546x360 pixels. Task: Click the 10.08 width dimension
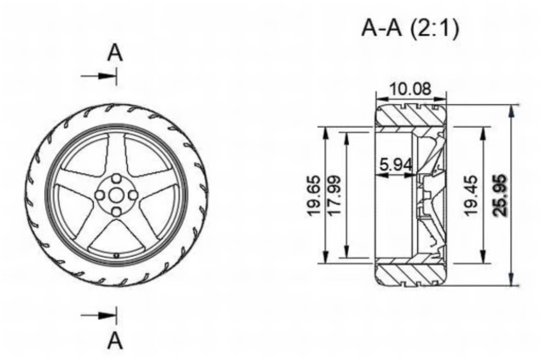pyautogui.click(x=410, y=89)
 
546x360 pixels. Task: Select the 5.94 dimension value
pyautogui.click(x=396, y=165)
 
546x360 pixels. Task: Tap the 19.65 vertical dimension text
pyautogui.click(x=314, y=195)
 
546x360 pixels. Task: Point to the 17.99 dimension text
pyautogui.click(x=334, y=195)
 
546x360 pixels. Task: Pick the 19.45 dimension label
pyautogui.click(x=470, y=195)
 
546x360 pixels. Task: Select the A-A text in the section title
pyautogui.click(x=381, y=28)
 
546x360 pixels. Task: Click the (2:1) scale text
pyautogui.click(x=434, y=28)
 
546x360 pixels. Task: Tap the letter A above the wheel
pyautogui.click(x=115, y=53)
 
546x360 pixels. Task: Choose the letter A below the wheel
pyautogui.click(x=115, y=341)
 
